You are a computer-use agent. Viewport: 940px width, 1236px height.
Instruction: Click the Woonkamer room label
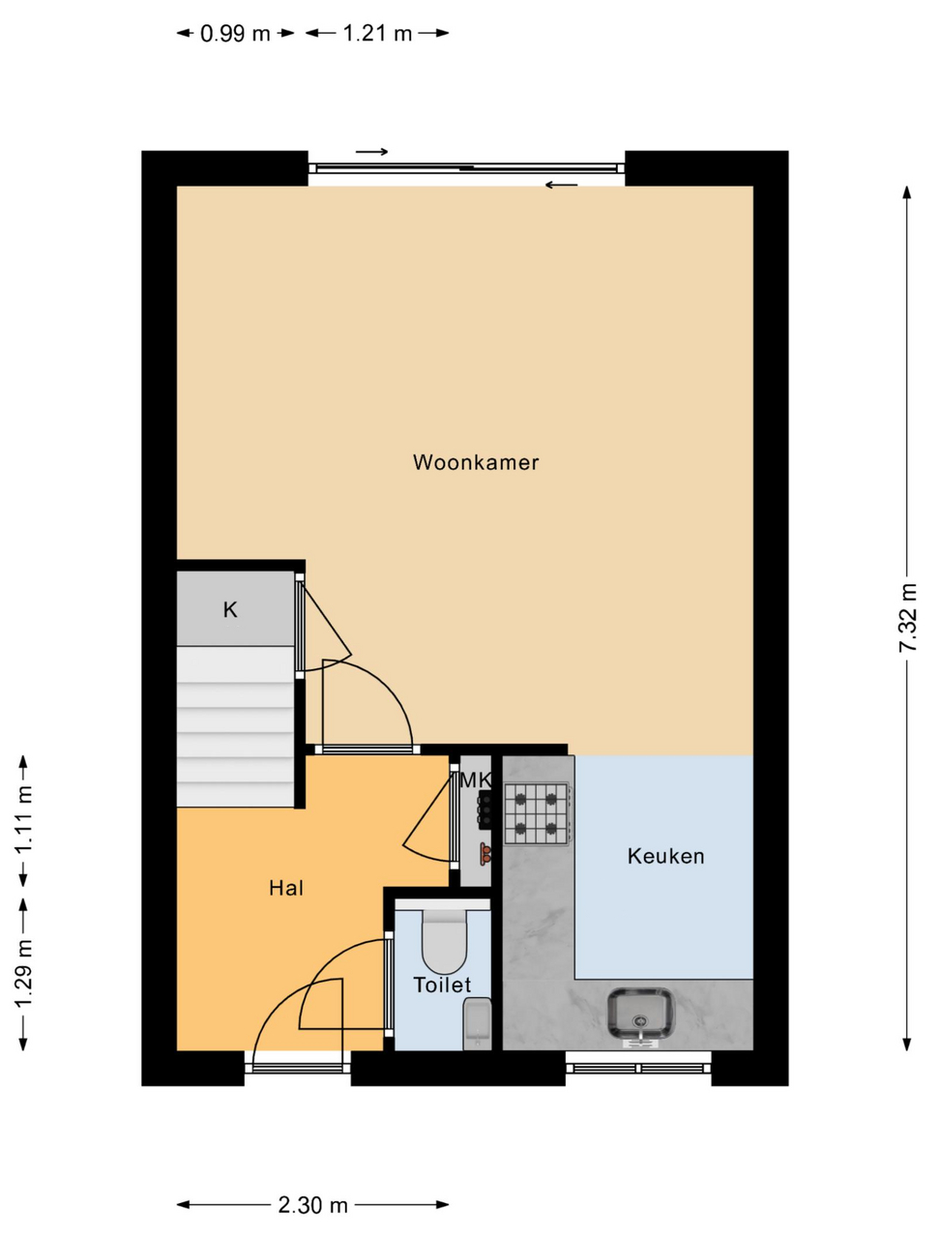(475, 462)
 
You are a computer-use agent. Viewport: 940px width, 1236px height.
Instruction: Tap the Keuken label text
(665, 856)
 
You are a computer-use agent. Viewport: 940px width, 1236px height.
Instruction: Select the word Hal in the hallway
(286, 888)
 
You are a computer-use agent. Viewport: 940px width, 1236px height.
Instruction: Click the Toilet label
(442, 986)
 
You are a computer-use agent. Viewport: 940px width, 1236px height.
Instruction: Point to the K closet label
(230, 609)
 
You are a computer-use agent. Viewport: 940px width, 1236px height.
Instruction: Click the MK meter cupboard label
(476, 780)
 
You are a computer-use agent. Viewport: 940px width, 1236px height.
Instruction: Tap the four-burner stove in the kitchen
(536, 813)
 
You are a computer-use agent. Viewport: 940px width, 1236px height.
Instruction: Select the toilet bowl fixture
(445, 943)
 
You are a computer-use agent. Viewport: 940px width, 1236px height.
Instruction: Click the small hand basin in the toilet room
(478, 1021)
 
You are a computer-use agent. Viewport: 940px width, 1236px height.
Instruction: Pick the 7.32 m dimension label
(908, 617)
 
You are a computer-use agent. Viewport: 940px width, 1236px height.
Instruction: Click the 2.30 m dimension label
(312, 1205)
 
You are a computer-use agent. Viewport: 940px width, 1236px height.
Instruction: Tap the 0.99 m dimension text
(235, 34)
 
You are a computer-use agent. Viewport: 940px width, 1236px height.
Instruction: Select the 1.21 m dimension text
(377, 34)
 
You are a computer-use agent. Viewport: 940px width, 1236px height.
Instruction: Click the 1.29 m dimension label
(23, 973)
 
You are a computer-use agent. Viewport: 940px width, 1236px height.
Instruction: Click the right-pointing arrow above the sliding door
(371, 152)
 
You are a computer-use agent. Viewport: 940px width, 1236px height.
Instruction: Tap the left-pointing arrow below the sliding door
(561, 185)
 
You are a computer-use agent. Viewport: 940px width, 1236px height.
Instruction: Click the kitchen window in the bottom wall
(638, 1068)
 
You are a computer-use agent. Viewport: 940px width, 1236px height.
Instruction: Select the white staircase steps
(235, 725)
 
